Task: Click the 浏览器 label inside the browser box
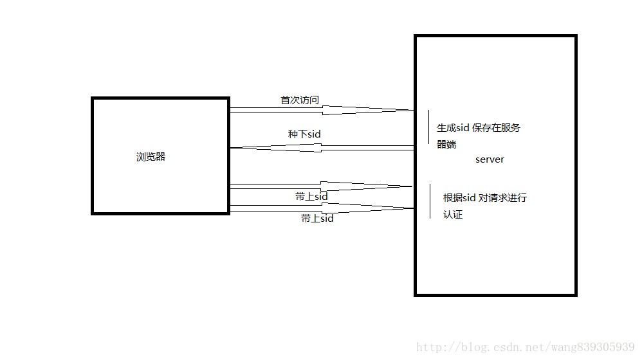pos(151,157)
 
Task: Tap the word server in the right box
pos(490,159)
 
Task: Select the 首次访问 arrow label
pos(299,100)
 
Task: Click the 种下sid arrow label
pos(304,134)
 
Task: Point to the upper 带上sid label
pos(311,197)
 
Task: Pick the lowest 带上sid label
pos(317,219)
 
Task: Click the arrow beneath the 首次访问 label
pos(322,111)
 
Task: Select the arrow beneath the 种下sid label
pos(322,148)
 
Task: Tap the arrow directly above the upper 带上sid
pos(322,186)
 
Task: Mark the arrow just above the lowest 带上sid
pos(322,207)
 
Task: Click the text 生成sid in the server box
pos(454,128)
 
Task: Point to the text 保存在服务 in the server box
pos(497,128)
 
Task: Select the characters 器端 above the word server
pos(446,145)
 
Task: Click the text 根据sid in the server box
pos(459,198)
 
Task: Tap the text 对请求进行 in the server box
pos(502,198)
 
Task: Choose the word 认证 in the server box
pos(453,215)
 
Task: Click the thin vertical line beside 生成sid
pos(429,127)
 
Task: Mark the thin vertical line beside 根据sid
pos(430,201)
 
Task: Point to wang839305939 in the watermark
pos(588,347)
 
